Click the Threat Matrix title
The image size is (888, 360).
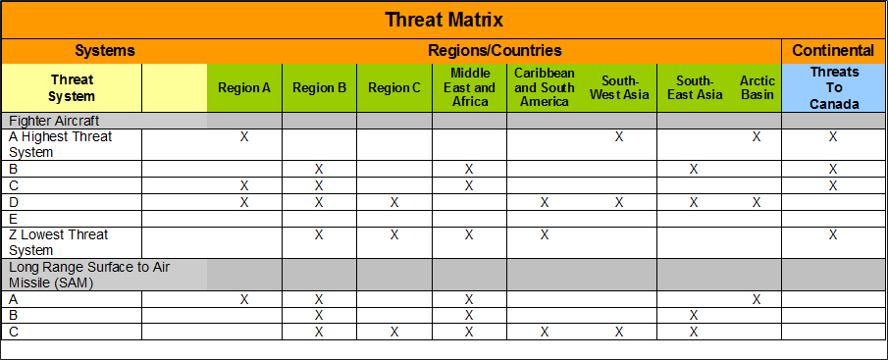point(444,21)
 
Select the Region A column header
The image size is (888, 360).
point(244,87)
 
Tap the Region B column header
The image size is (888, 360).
point(320,87)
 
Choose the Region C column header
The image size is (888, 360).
point(394,87)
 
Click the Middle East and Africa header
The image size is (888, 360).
point(469,87)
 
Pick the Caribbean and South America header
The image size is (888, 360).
point(545,87)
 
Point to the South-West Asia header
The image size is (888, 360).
point(618,87)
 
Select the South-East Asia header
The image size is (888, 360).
point(695,87)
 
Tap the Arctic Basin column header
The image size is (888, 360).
point(757,87)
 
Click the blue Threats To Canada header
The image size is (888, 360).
point(834,87)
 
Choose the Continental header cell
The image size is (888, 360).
point(833,51)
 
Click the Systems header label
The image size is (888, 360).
point(105,51)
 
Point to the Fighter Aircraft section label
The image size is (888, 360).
point(54,121)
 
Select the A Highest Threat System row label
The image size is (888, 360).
point(61,144)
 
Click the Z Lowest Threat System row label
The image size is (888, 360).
point(58,242)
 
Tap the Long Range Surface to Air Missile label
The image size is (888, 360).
point(89,275)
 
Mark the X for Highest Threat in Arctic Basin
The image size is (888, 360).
point(757,137)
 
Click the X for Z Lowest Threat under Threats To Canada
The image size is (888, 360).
point(832,234)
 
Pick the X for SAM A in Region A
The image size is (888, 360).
point(244,299)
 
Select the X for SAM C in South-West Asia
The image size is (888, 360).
point(619,332)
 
